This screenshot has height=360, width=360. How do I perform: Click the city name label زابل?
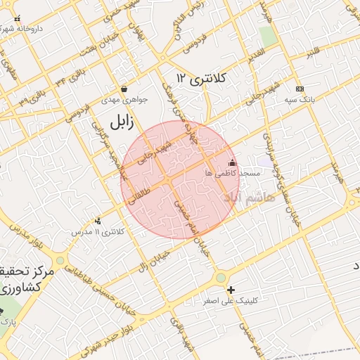pyautogui.click(x=121, y=122)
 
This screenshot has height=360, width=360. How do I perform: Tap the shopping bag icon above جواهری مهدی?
pyautogui.click(x=124, y=89)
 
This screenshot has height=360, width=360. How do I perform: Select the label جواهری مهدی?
pyautogui.click(x=125, y=100)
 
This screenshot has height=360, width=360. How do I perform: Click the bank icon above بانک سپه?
pyautogui.click(x=300, y=89)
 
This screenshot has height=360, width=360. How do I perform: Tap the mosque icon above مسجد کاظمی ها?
pyautogui.click(x=232, y=163)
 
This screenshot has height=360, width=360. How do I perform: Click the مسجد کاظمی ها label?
pyautogui.click(x=233, y=173)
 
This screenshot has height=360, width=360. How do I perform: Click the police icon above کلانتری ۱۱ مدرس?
pyautogui.click(x=97, y=221)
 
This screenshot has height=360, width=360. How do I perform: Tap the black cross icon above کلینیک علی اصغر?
pyautogui.click(x=231, y=290)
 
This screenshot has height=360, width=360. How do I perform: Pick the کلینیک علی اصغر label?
pyautogui.click(x=231, y=300)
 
